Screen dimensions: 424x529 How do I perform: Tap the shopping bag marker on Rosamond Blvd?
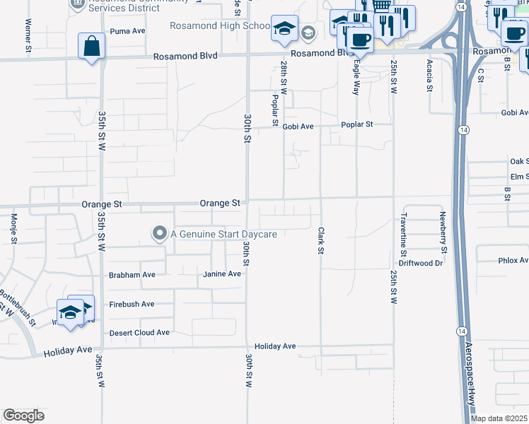pos(92,47)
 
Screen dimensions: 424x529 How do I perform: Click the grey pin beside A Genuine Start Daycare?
pos(160,234)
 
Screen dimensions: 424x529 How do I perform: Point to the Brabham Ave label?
pos(132,274)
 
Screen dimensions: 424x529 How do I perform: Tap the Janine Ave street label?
pos(222,274)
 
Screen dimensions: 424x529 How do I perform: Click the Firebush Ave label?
pos(132,304)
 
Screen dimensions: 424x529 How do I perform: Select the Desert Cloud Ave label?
pos(139,332)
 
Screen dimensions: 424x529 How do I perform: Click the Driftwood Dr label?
pos(420,263)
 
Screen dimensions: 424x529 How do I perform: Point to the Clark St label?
pos(320,240)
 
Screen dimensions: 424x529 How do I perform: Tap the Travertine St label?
pos(403,233)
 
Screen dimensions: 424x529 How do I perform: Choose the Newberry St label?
pos(443,232)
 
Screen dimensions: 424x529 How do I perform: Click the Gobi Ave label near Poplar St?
pos(298,126)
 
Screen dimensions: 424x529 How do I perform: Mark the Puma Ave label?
pos(127,31)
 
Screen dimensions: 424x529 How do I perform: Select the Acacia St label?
pos(429,76)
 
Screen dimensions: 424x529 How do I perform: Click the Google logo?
pos(23,415)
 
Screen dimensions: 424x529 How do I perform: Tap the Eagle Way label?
pos(356,77)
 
